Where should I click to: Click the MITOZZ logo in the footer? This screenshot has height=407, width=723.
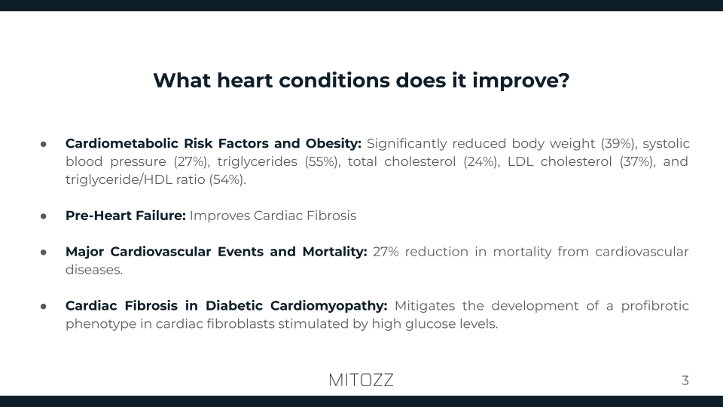[361, 380]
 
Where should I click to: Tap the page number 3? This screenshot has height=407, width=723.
[685, 380]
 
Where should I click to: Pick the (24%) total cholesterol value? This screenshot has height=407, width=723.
[480, 161]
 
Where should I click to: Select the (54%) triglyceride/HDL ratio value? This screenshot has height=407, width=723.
[227, 179]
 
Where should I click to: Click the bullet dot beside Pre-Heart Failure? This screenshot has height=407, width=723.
[44, 216]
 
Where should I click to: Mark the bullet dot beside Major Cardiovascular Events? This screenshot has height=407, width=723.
[44, 252]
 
